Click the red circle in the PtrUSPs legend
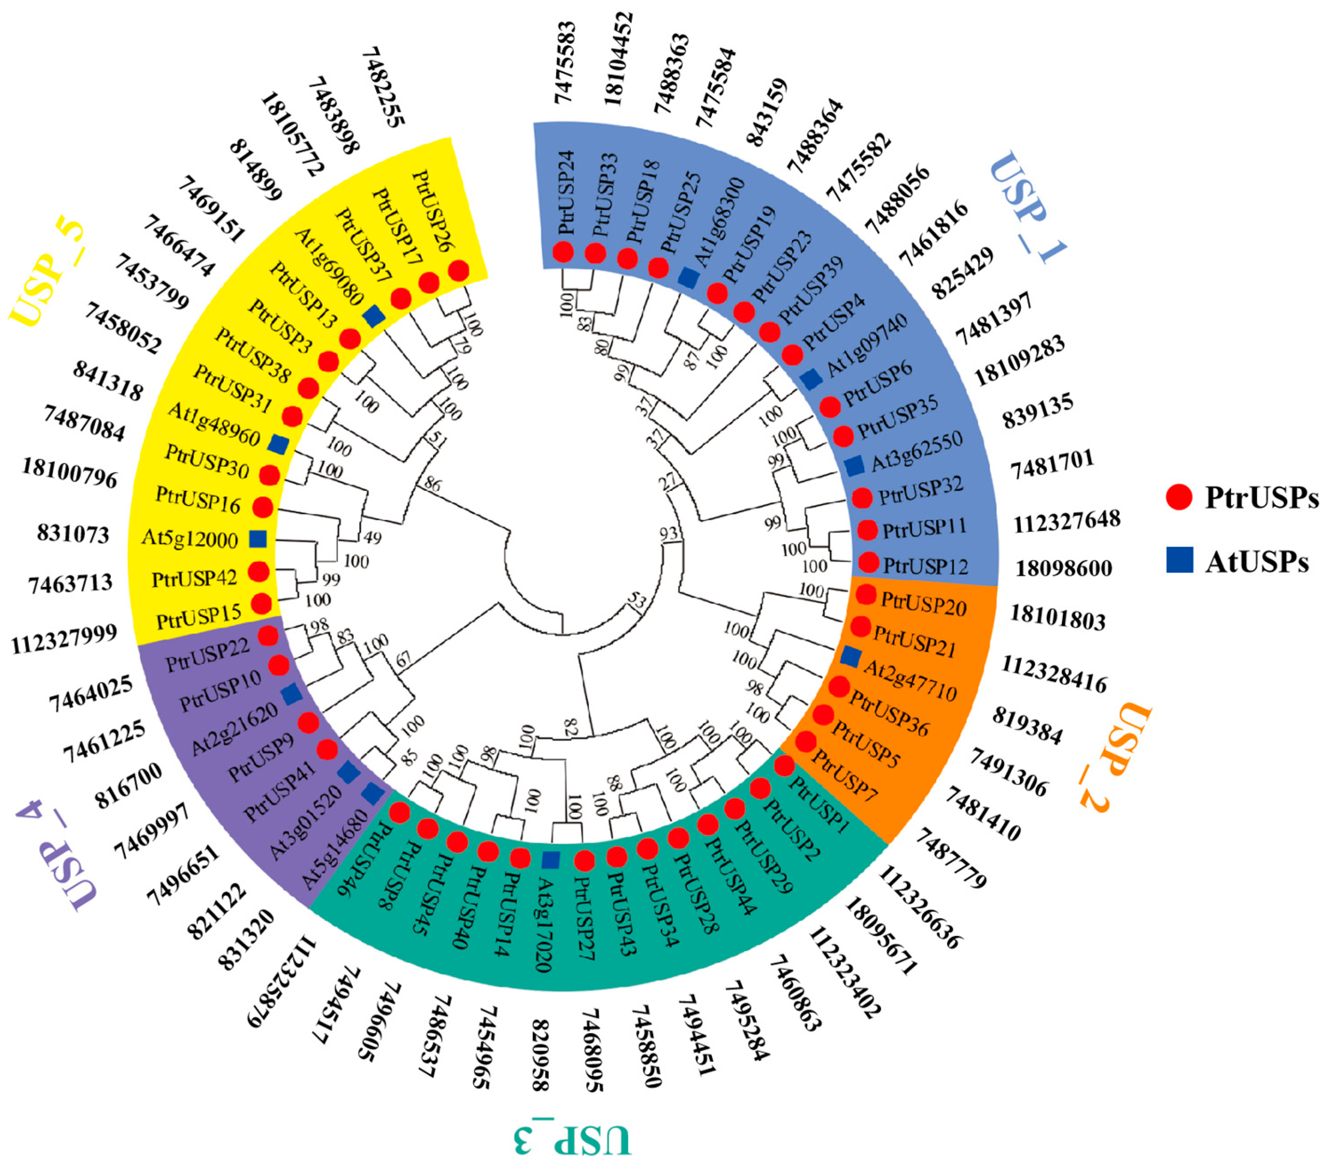pos(1179,498)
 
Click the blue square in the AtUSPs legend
pos(1179,559)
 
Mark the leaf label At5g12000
pos(189,539)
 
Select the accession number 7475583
pos(565,63)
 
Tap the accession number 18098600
pos(1064,569)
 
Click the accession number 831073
pos(73,534)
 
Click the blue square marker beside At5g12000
pos(258,538)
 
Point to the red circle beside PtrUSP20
pos(866,595)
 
